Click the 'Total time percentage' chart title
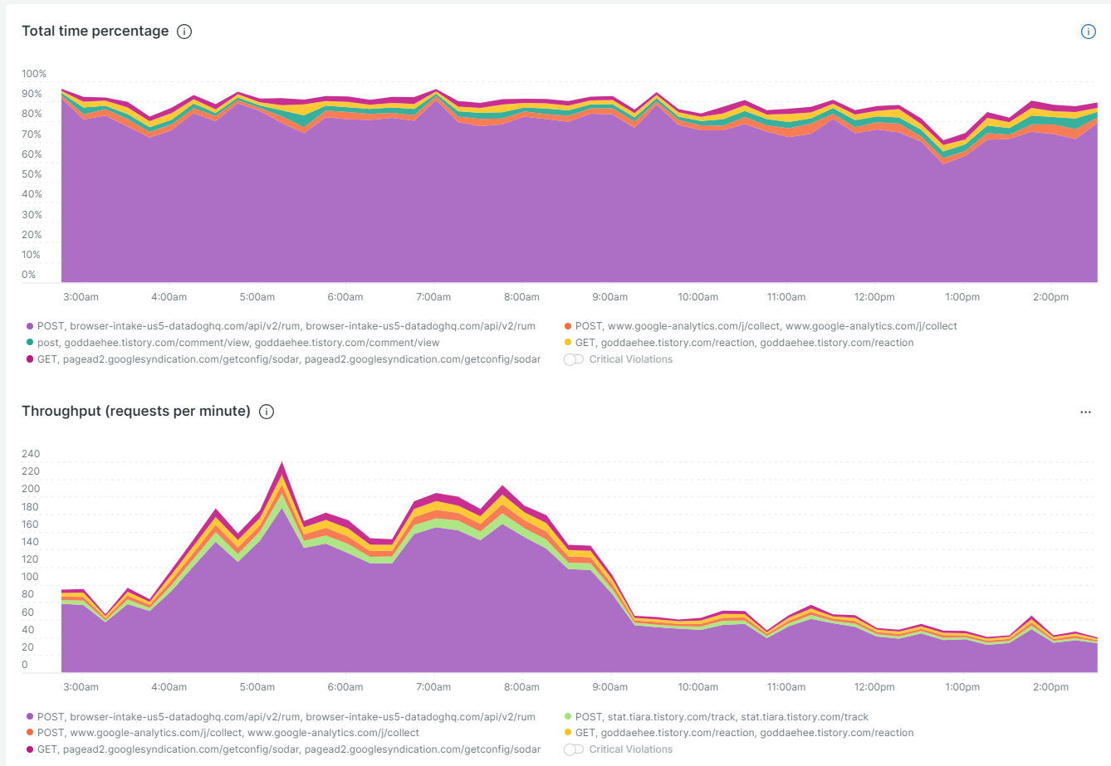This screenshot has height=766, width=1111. pyautogui.click(x=95, y=32)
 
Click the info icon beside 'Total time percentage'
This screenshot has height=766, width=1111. pyautogui.click(x=184, y=32)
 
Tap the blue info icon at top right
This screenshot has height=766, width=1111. pyautogui.click(x=1088, y=32)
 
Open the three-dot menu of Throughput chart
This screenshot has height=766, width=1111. pyautogui.click(x=1085, y=412)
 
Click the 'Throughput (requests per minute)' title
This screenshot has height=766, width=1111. pyautogui.click(x=135, y=412)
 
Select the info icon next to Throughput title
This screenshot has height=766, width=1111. pyautogui.click(x=267, y=412)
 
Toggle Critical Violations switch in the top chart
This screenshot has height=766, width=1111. pyautogui.click(x=574, y=359)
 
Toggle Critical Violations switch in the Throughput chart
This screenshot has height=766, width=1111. pyautogui.click(x=574, y=749)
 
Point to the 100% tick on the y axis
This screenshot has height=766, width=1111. pyautogui.click(x=34, y=74)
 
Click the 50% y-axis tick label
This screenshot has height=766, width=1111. pyautogui.click(x=32, y=174)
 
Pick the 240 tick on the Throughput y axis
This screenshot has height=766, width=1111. pyautogui.click(x=31, y=454)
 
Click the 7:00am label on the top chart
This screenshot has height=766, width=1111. pyautogui.click(x=433, y=297)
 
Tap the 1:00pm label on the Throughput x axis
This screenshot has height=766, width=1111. pyautogui.click(x=962, y=687)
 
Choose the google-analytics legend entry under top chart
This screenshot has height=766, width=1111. pyautogui.click(x=765, y=326)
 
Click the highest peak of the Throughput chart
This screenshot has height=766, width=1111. pyautogui.click(x=282, y=463)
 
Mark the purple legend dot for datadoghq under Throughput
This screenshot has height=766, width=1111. pyautogui.click(x=30, y=717)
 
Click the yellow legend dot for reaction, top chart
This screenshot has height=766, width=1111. pyautogui.click(x=568, y=343)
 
